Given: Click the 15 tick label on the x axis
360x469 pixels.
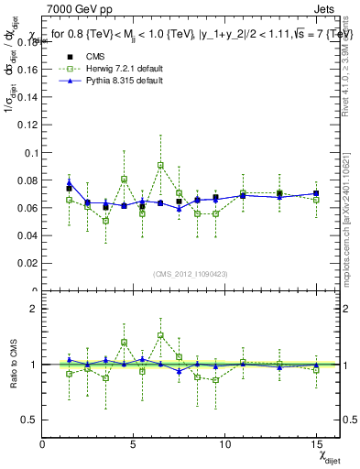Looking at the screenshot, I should (316, 443).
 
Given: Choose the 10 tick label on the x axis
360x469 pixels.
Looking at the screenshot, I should (224, 443).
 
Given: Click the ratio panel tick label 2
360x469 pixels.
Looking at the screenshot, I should (34, 309).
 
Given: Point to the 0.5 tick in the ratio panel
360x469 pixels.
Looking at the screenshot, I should (30, 420).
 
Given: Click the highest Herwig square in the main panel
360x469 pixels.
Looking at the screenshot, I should (160, 166).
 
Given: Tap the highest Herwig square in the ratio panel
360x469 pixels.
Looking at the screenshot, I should (160, 335).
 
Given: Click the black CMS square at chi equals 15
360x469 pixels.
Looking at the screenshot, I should (316, 193).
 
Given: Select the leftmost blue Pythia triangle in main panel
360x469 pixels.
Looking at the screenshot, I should (70, 183).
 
